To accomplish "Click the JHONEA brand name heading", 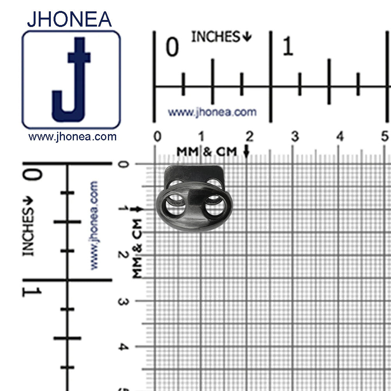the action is [69, 19].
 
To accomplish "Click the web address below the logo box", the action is [72, 136].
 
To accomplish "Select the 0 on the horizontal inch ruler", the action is [172, 47].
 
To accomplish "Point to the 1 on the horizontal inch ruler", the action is [288, 46].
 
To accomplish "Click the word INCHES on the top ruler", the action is [215, 37].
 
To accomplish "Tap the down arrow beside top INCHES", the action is [247, 37].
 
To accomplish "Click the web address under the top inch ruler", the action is [212, 112].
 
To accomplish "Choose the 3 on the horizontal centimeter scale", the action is [295, 136].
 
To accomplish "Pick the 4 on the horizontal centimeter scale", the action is [340, 136].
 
